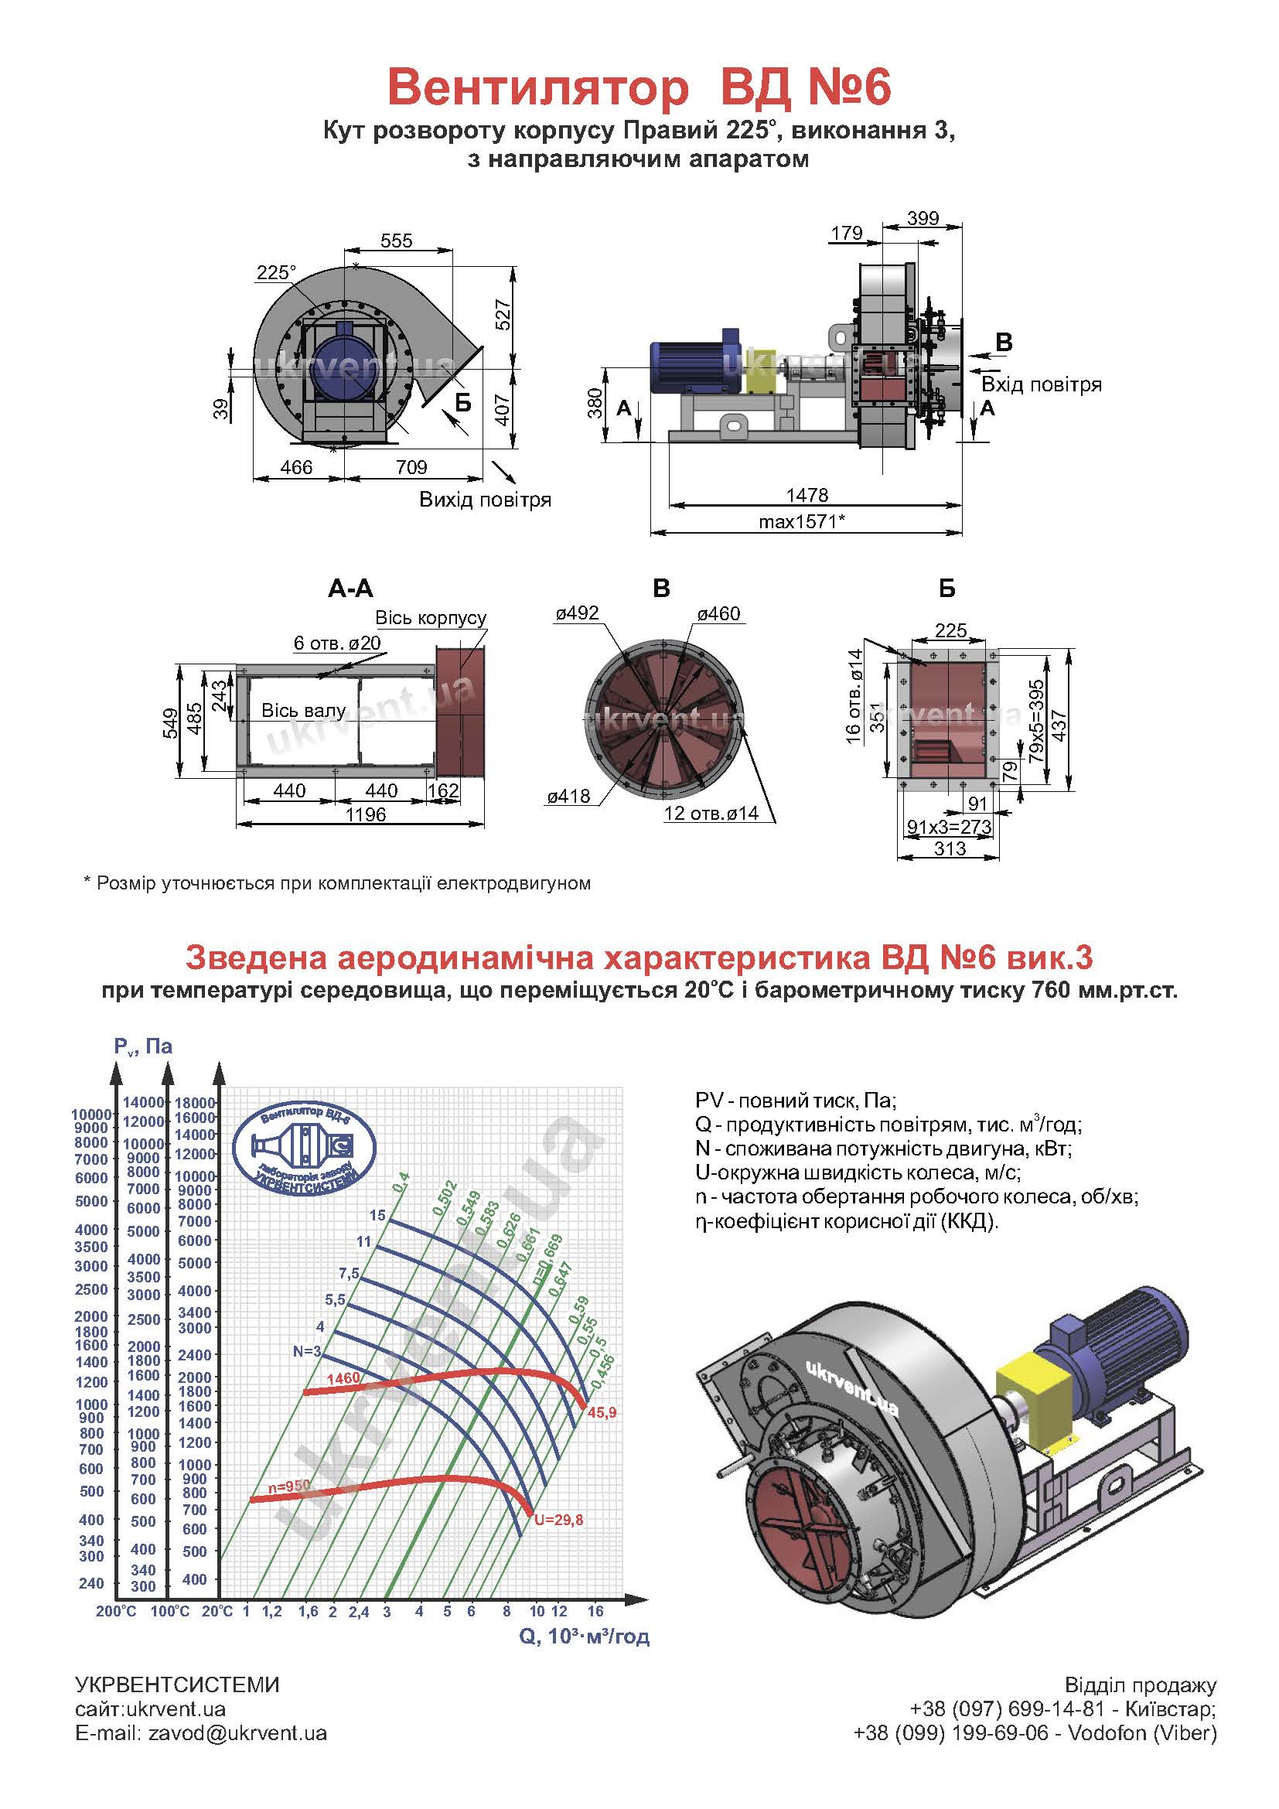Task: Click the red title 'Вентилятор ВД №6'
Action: coord(639,88)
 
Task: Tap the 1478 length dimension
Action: coord(807,495)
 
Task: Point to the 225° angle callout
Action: coord(275,272)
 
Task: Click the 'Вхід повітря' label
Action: coord(1041,384)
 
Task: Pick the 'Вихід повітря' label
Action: coord(485,500)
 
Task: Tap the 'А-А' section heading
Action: coord(350,588)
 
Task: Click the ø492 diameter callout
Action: coord(577,613)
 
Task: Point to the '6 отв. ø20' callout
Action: coord(337,642)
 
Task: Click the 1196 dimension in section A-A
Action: coord(366,814)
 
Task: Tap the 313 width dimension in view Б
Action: coord(950,848)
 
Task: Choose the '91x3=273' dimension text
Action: coord(950,827)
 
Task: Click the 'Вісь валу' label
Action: coord(304,710)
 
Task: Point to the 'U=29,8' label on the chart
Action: coord(558,1520)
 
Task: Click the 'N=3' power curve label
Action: coord(307,1351)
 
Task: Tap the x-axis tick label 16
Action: coord(595,1610)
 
